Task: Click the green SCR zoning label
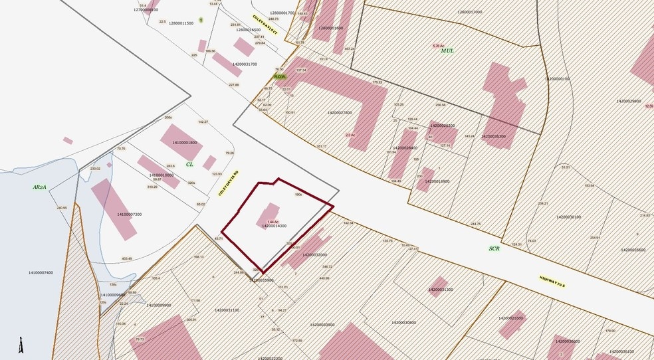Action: tap(494, 249)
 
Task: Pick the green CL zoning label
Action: tap(189, 163)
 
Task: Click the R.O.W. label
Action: tap(280, 76)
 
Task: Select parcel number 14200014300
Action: tap(274, 226)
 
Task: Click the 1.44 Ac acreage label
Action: tap(272, 221)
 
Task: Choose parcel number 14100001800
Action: tap(184, 143)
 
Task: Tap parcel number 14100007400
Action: tap(41, 272)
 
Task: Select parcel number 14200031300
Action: tap(441, 290)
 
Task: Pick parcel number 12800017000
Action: tap(474, 12)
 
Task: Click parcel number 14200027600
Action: tap(340, 112)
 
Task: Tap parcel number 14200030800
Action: tap(401, 323)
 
